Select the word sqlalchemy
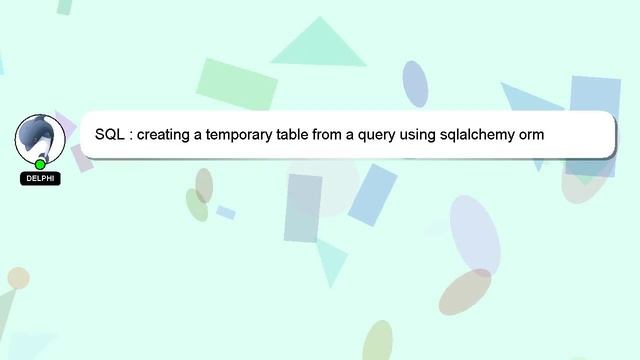(x=503, y=134)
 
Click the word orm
(x=560, y=134)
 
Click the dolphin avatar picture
(x=40, y=138)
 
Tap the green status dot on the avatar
(x=40, y=164)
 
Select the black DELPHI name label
(x=40, y=179)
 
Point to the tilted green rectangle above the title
(x=237, y=84)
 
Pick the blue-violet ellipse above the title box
(x=415, y=83)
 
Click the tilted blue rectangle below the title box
(x=372, y=194)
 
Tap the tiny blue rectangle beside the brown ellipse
(x=226, y=212)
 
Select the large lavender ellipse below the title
(x=474, y=234)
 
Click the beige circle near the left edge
(x=18, y=278)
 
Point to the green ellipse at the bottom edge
(x=377, y=341)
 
